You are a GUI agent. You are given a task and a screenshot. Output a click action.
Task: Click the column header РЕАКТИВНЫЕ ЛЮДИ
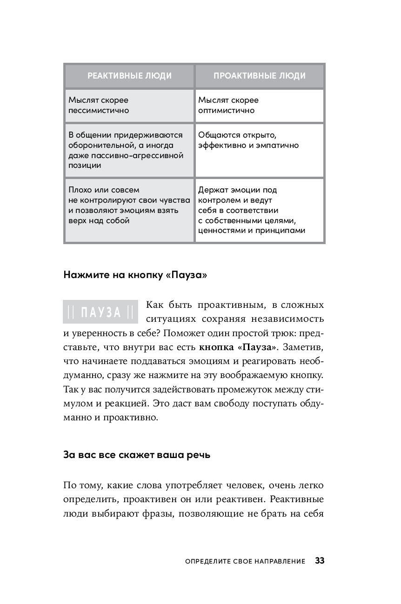pyautogui.click(x=129, y=76)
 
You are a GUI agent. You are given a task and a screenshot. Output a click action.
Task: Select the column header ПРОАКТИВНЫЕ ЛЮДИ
pyautogui.click(x=260, y=76)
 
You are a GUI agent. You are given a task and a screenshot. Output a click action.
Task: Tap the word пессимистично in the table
pyautogui.click(x=99, y=111)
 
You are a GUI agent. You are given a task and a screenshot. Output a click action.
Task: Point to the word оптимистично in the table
pyautogui.click(x=227, y=111)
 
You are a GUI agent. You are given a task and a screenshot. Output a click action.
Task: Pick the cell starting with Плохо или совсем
pyautogui.click(x=129, y=205)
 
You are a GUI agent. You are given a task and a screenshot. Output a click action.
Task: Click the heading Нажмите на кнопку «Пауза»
pyautogui.click(x=135, y=275)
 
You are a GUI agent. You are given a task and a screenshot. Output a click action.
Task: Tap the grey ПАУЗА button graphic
pyautogui.click(x=100, y=312)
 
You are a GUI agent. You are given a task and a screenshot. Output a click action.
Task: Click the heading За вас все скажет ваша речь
pyautogui.click(x=137, y=455)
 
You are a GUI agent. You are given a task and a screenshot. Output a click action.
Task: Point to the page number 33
pyautogui.click(x=320, y=561)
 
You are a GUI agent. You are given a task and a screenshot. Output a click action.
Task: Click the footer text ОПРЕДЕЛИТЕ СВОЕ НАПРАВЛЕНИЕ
pyautogui.click(x=245, y=561)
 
